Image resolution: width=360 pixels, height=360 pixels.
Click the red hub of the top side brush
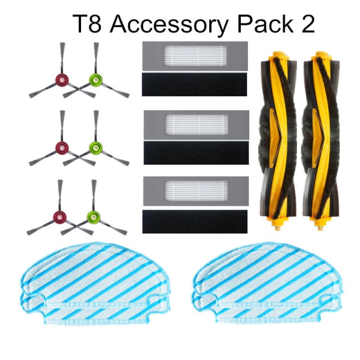coord(60,80)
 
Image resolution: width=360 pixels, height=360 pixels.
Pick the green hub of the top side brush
coord(94,80)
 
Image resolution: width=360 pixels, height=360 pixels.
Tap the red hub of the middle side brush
coord(60,148)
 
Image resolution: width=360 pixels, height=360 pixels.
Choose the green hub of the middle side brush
coord(94,148)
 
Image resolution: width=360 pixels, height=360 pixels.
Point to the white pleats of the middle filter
coord(196,124)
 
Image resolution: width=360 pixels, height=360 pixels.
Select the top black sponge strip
coord(196,84)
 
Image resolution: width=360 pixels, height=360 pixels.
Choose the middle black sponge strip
coord(196,152)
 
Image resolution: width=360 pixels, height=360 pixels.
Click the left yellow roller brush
coord(276,141)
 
